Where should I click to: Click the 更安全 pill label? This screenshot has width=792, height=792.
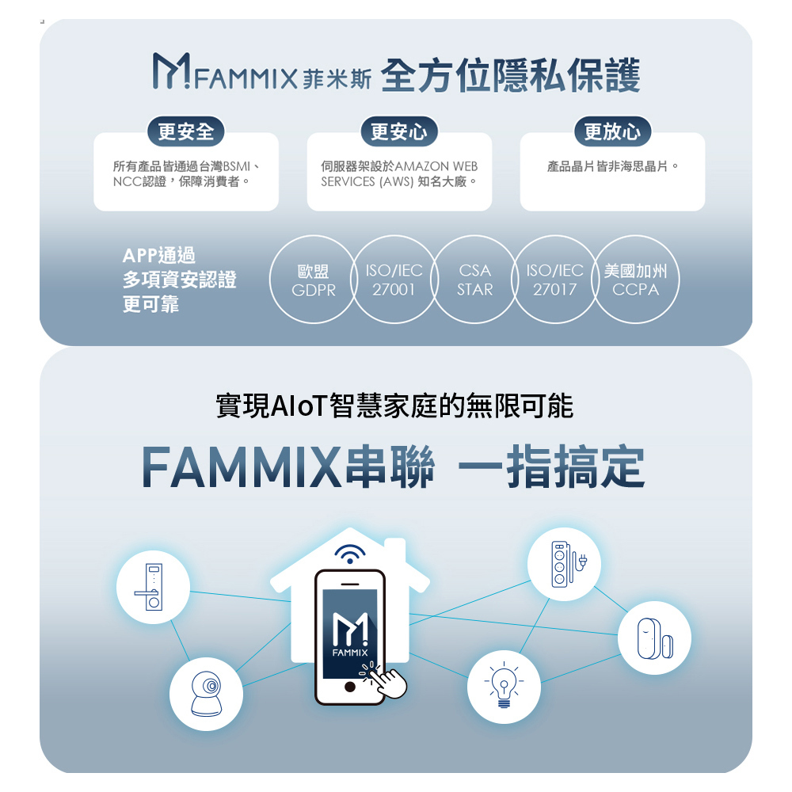point(186,131)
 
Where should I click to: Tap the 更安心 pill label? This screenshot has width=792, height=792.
point(399,131)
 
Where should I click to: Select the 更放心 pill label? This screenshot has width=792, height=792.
point(612,131)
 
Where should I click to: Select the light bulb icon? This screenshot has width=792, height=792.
point(501,683)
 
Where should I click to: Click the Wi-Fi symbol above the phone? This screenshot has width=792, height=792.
point(350,554)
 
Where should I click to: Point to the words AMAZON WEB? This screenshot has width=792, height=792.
point(436,166)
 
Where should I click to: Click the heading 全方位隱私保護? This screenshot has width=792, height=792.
point(510,75)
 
